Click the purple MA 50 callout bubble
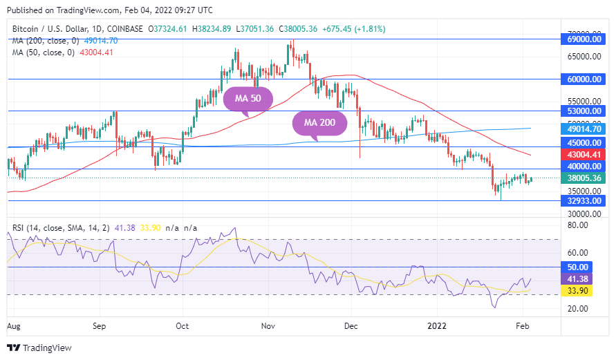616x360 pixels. click(x=248, y=98)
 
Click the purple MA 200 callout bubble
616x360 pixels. click(x=319, y=122)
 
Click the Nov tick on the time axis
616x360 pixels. click(x=268, y=324)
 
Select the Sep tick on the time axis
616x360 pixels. click(x=99, y=324)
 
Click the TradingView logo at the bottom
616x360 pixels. click(x=39, y=348)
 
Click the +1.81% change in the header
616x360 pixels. click(x=370, y=29)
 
